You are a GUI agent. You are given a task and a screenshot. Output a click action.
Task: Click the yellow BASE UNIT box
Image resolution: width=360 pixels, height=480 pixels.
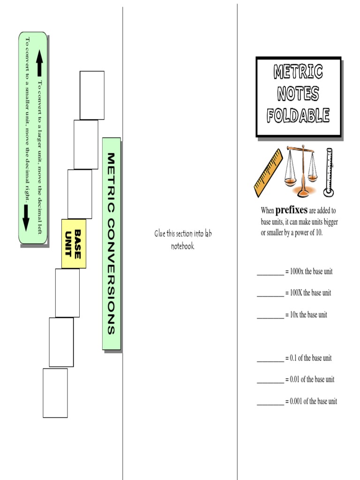point(74,243)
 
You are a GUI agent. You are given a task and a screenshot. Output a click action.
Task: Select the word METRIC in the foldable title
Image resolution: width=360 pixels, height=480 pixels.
point(298,72)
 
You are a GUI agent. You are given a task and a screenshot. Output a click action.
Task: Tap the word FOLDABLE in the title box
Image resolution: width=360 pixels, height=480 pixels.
point(298,115)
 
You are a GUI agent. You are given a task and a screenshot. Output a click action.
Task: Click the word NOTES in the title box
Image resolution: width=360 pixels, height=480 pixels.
point(298,93)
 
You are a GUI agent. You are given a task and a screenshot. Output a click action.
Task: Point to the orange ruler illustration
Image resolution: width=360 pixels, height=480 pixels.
point(268,173)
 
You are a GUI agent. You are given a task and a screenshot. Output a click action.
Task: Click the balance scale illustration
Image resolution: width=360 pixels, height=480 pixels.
point(301,171)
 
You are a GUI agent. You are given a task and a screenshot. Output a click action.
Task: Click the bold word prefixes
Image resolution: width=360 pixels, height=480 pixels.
point(291,210)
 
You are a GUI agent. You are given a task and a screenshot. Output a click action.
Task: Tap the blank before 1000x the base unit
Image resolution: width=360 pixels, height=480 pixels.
point(270,272)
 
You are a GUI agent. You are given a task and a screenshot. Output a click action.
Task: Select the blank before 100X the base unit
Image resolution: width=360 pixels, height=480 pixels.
point(270,294)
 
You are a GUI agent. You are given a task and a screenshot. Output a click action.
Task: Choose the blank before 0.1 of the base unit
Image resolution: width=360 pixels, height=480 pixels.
point(270,359)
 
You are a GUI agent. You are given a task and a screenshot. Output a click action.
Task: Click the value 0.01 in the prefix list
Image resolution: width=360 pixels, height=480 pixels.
point(296,380)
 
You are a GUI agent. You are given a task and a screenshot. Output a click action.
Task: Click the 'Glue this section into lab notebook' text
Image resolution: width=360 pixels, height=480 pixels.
point(183,239)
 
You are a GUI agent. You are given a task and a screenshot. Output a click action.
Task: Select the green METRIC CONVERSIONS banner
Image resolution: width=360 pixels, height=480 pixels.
point(112,244)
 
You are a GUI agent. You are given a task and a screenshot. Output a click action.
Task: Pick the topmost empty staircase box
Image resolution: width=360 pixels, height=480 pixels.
point(92,95)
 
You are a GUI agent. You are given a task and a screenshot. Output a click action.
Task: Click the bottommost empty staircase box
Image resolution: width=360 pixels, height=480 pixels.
point(55,393)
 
